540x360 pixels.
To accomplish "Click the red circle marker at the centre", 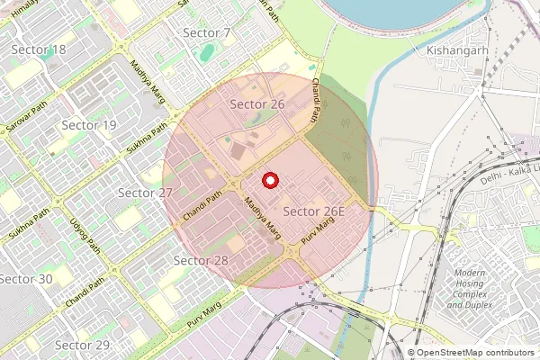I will tap(268, 181).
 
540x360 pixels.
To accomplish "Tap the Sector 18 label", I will tap(39, 49).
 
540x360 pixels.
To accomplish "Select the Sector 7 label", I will tap(207, 33).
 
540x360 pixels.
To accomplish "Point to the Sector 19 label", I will tap(88, 125).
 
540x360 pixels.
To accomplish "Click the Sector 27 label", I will tap(145, 193).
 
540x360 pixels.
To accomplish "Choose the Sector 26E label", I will tap(315, 211).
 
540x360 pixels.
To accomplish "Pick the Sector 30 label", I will tap(26, 279).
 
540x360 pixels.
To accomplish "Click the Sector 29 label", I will tap(82, 345).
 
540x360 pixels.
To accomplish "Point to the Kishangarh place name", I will tap(458, 50).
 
